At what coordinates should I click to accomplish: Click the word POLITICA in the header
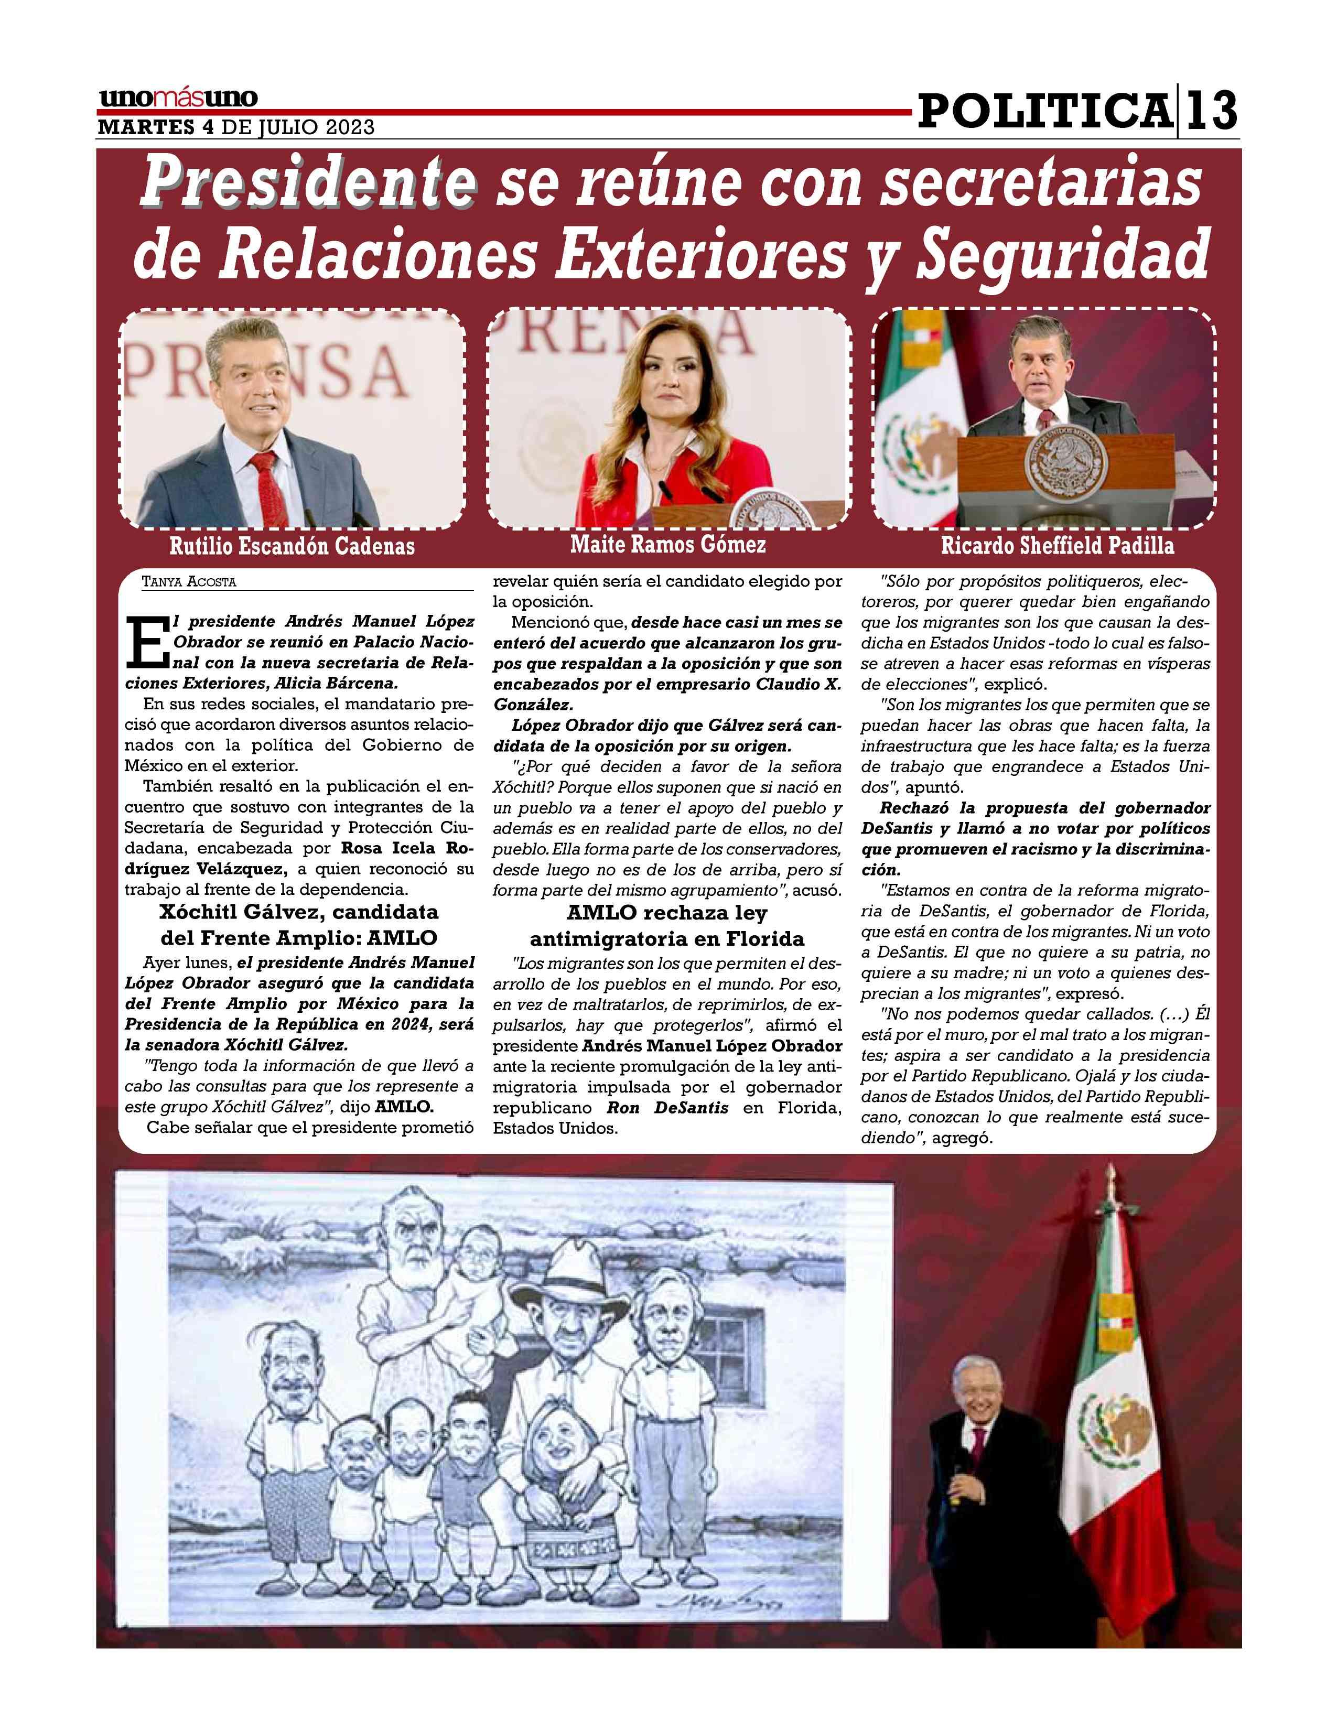(x=1044, y=111)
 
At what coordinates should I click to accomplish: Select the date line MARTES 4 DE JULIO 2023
(x=235, y=127)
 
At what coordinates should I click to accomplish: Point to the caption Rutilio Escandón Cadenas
(x=292, y=546)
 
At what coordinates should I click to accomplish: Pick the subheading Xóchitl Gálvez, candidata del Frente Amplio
(x=299, y=924)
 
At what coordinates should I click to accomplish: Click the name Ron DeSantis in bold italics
(x=667, y=1107)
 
